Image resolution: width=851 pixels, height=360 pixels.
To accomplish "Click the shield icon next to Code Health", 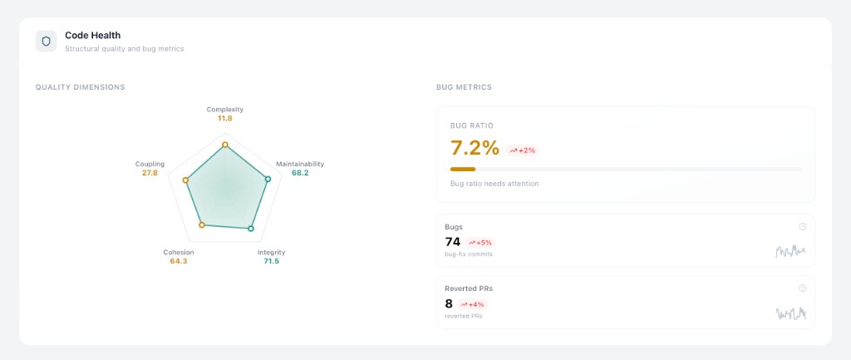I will [x=46, y=41].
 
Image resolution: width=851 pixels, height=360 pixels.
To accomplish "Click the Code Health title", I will [x=92, y=35].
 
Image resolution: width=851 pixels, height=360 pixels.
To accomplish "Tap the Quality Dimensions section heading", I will [x=80, y=87].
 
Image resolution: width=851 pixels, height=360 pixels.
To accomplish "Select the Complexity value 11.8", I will [x=225, y=119].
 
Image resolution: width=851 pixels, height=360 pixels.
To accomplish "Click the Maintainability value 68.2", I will [x=300, y=173].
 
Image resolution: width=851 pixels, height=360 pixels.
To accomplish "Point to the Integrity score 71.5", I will [x=272, y=261].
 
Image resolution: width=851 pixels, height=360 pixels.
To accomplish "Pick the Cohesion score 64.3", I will [x=179, y=261].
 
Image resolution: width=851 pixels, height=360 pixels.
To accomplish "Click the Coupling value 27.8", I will [x=150, y=173].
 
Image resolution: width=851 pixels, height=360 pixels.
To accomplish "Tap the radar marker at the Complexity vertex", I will [x=225, y=145].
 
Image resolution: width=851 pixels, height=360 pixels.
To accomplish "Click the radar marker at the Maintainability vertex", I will [x=268, y=179].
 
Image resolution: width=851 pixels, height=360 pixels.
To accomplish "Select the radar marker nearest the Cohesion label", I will [x=201, y=225].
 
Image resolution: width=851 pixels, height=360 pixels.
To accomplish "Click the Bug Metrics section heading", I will [x=464, y=87].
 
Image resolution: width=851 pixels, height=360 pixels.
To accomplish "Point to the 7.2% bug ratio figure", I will [x=475, y=149].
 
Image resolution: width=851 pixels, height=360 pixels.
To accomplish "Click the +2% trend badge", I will [x=523, y=150].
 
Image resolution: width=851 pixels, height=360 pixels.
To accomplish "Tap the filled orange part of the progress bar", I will [x=462, y=169].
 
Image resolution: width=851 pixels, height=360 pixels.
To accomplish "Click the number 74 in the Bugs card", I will [x=453, y=242].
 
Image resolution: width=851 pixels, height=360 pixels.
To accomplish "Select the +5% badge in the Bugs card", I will [x=480, y=243].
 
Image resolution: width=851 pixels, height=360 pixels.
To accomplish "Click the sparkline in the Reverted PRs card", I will [x=790, y=313].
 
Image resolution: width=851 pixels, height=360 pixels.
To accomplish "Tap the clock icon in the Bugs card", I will [x=802, y=226].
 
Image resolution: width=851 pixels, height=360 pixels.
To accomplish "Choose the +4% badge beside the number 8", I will [x=472, y=304].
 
